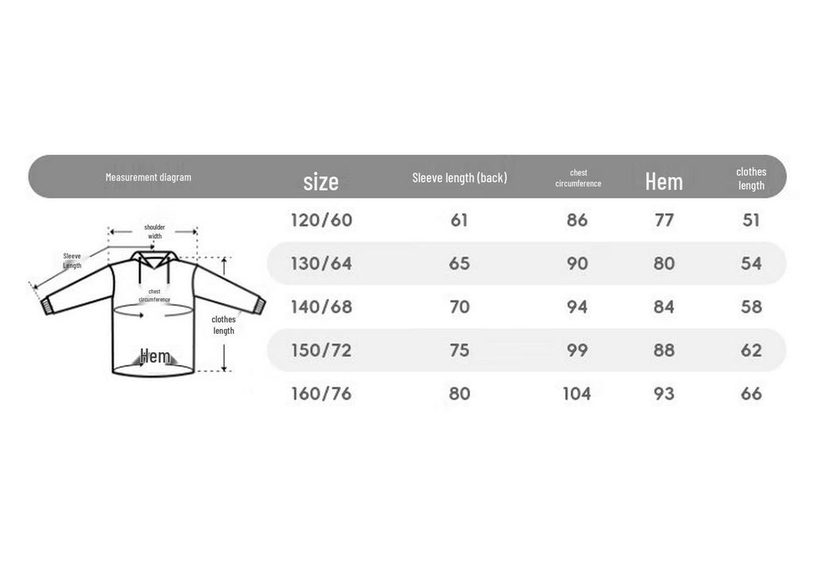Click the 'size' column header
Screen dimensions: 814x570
click(321, 182)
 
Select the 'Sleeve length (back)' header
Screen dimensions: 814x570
click(459, 177)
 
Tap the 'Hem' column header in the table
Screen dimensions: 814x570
click(664, 182)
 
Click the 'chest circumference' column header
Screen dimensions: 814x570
click(579, 177)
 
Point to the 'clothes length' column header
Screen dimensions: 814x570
click(751, 178)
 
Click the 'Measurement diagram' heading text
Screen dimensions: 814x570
click(149, 177)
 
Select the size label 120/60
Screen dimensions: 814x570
click(321, 220)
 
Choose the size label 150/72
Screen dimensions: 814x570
click(321, 351)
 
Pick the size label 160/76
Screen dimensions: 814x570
click(321, 394)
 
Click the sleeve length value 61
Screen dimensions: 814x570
click(459, 220)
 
